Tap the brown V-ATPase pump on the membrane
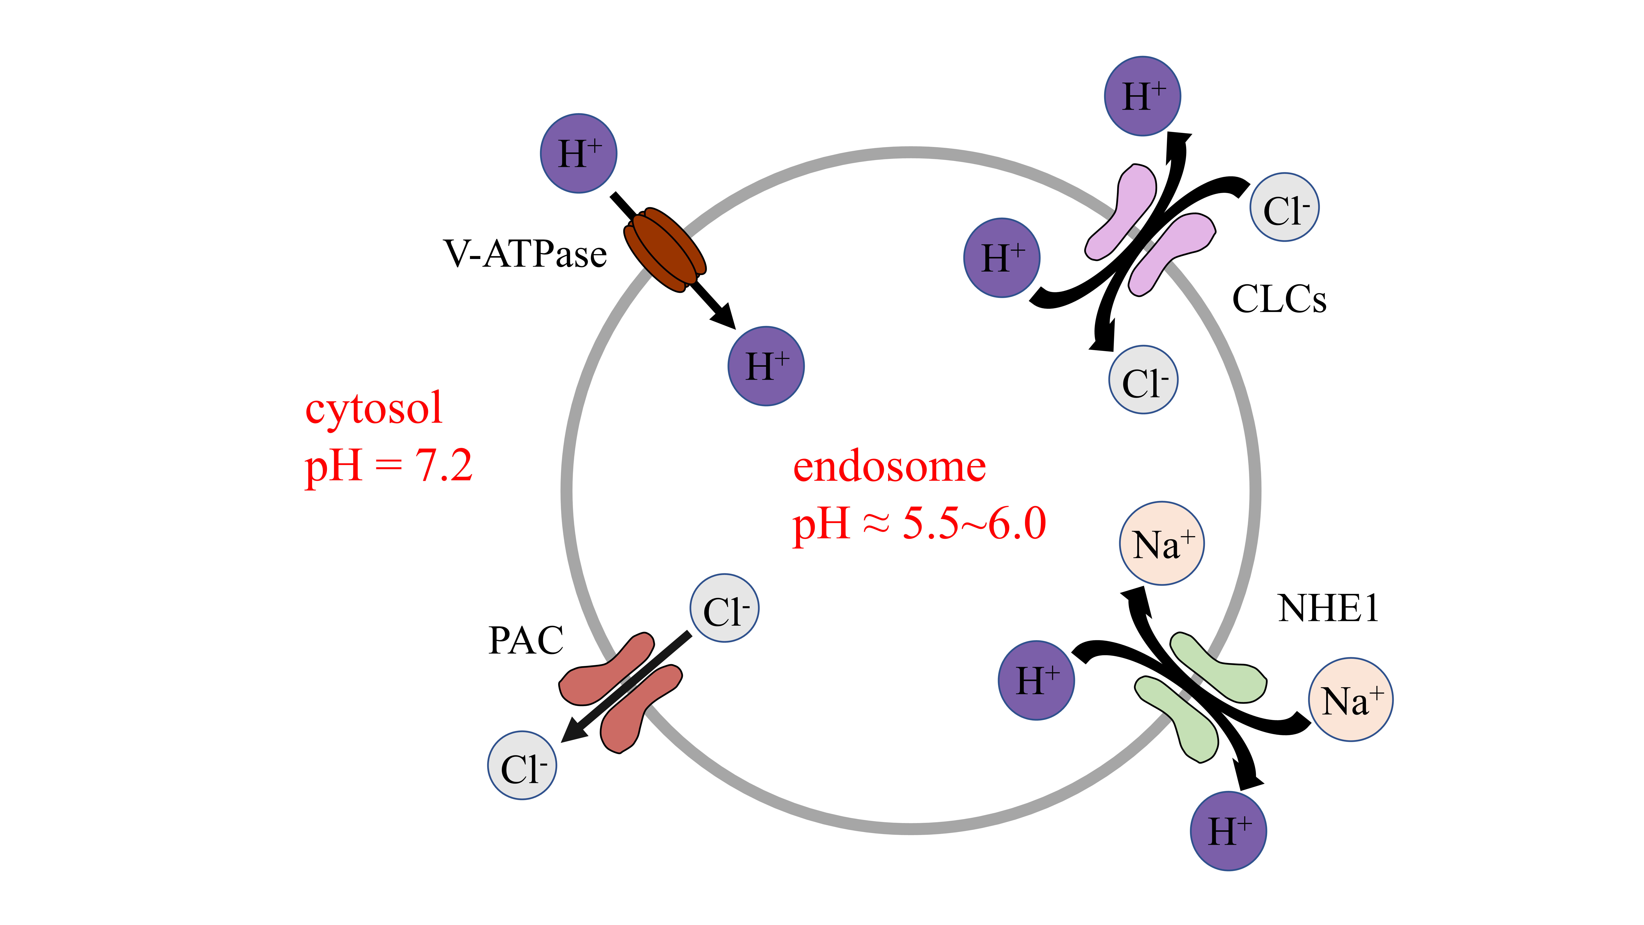coord(665,250)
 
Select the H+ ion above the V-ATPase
coord(578,153)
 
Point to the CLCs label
coord(1279,299)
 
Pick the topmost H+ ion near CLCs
coord(1142,96)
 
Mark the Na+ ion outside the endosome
coord(1350,700)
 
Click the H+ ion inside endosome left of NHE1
coord(1036,681)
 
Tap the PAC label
coord(526,640)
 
